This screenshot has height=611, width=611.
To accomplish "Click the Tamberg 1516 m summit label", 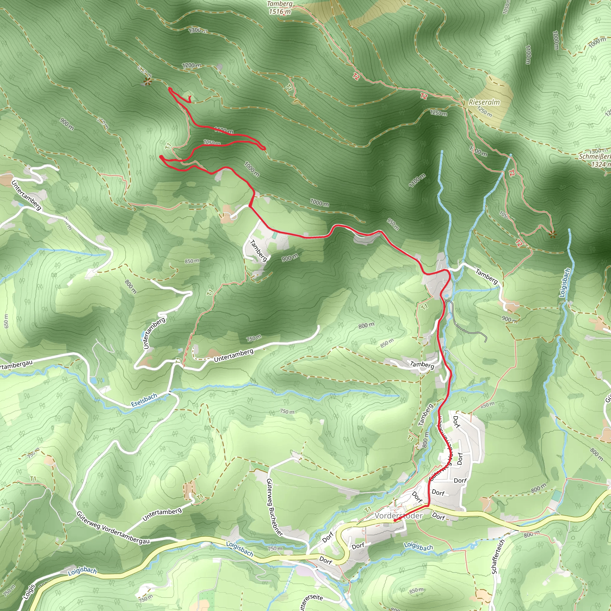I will (280, 8).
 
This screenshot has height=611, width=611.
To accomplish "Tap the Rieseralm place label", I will (484, 102).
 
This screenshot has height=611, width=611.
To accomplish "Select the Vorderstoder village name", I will (399, 516).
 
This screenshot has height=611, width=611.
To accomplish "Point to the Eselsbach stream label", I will (144, 400).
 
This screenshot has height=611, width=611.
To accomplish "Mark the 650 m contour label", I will (6, 321).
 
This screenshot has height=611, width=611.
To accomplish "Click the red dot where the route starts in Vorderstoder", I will (395, 520).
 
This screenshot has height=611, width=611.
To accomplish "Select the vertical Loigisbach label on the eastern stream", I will (564, 283).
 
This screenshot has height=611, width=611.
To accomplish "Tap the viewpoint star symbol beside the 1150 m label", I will (147, 81).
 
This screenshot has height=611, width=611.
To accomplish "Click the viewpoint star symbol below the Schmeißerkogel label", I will (553, 234).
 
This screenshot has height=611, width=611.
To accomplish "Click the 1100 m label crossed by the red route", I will (224, 130).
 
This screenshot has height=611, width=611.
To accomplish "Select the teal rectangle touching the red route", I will (274, 236).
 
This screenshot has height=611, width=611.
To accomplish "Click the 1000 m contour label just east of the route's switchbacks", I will (252, 169).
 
